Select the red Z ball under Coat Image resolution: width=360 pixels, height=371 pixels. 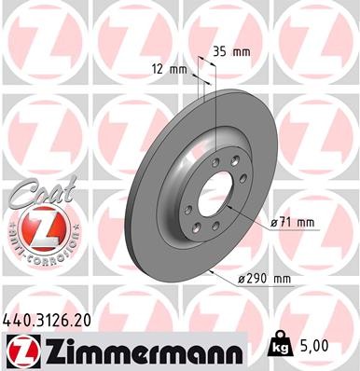tap(34, 227)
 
